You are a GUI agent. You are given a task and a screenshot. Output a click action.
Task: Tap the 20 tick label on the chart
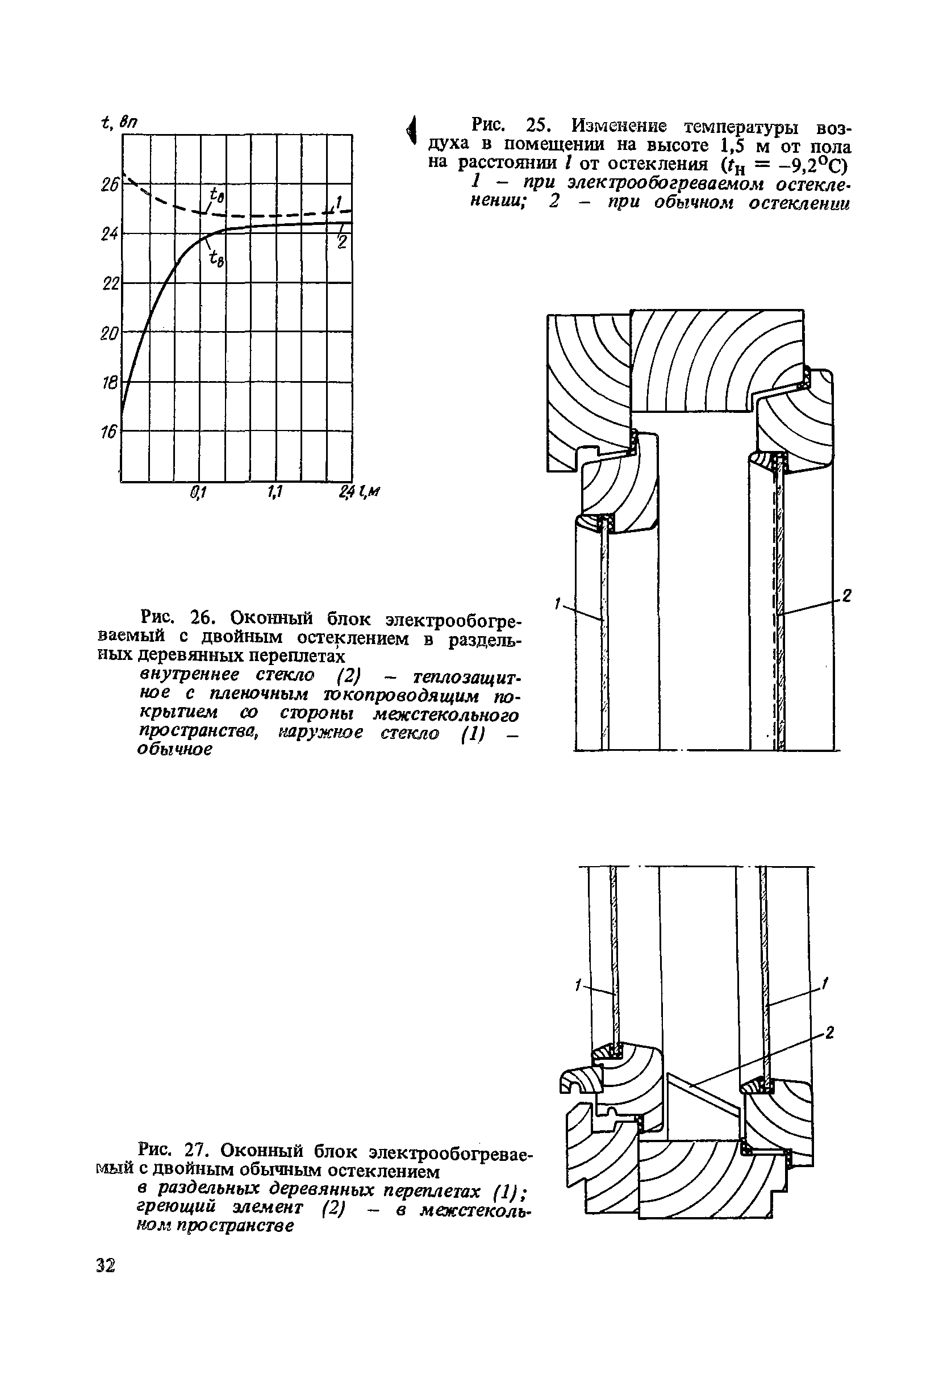click(x=109, y=334)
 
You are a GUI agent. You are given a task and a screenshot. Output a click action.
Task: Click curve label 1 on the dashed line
click(x=339, y=203)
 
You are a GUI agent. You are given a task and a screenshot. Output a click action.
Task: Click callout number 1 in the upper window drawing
click(x=557, y=604)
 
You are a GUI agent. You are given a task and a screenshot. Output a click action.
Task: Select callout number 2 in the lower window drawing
click(x=829, y=1033)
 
